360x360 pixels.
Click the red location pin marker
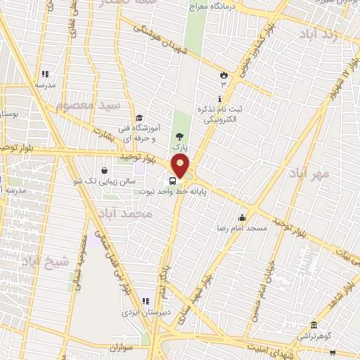181,167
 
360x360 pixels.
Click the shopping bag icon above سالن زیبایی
104,169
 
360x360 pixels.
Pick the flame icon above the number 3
224,74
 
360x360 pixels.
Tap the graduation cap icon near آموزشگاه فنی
139,118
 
